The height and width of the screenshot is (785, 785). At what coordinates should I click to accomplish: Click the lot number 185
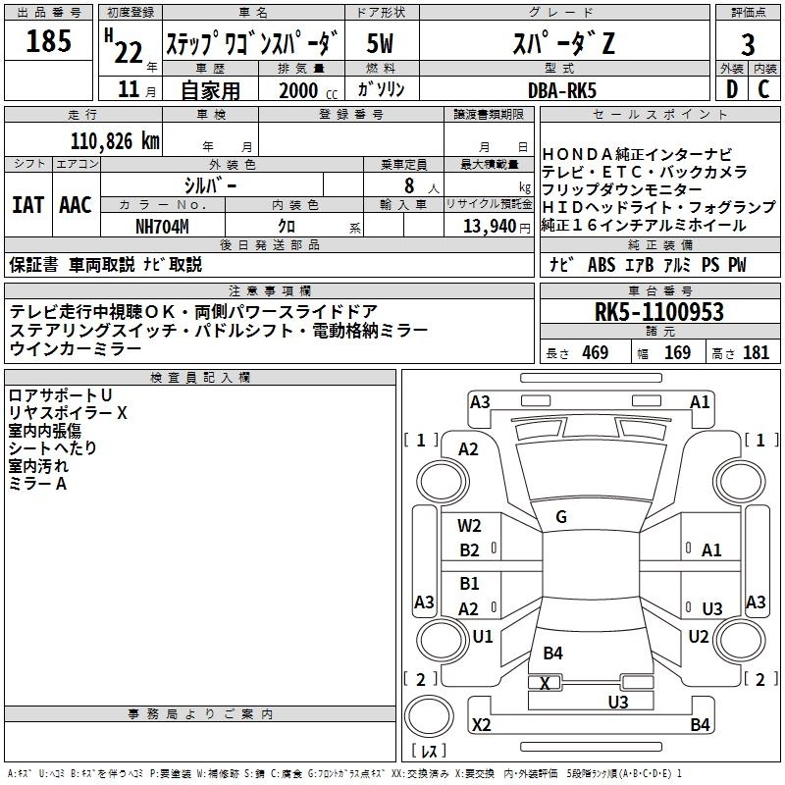coord(49,42)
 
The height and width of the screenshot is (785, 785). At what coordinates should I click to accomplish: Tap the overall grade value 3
coord(748,44)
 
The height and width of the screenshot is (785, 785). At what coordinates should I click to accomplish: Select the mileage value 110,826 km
coord(114,141)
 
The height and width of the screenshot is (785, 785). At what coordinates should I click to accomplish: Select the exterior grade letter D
coord(731,89)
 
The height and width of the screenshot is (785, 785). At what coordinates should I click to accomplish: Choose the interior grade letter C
coord(764,89)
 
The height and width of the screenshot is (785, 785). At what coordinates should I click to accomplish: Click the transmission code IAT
coord(27,205)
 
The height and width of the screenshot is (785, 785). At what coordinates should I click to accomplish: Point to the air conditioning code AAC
coord(76,205)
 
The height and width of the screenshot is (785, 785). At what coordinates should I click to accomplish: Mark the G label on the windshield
coord(561,517)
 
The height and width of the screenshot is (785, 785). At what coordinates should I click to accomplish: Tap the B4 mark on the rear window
coord(552,653)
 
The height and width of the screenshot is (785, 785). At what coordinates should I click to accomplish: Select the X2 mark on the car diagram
coord(482,725)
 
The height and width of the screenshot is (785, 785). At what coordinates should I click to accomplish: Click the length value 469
coord(594,352)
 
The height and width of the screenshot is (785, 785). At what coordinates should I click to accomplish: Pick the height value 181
coord(757,352)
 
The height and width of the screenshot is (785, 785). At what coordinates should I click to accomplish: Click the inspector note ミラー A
coord(37,484)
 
